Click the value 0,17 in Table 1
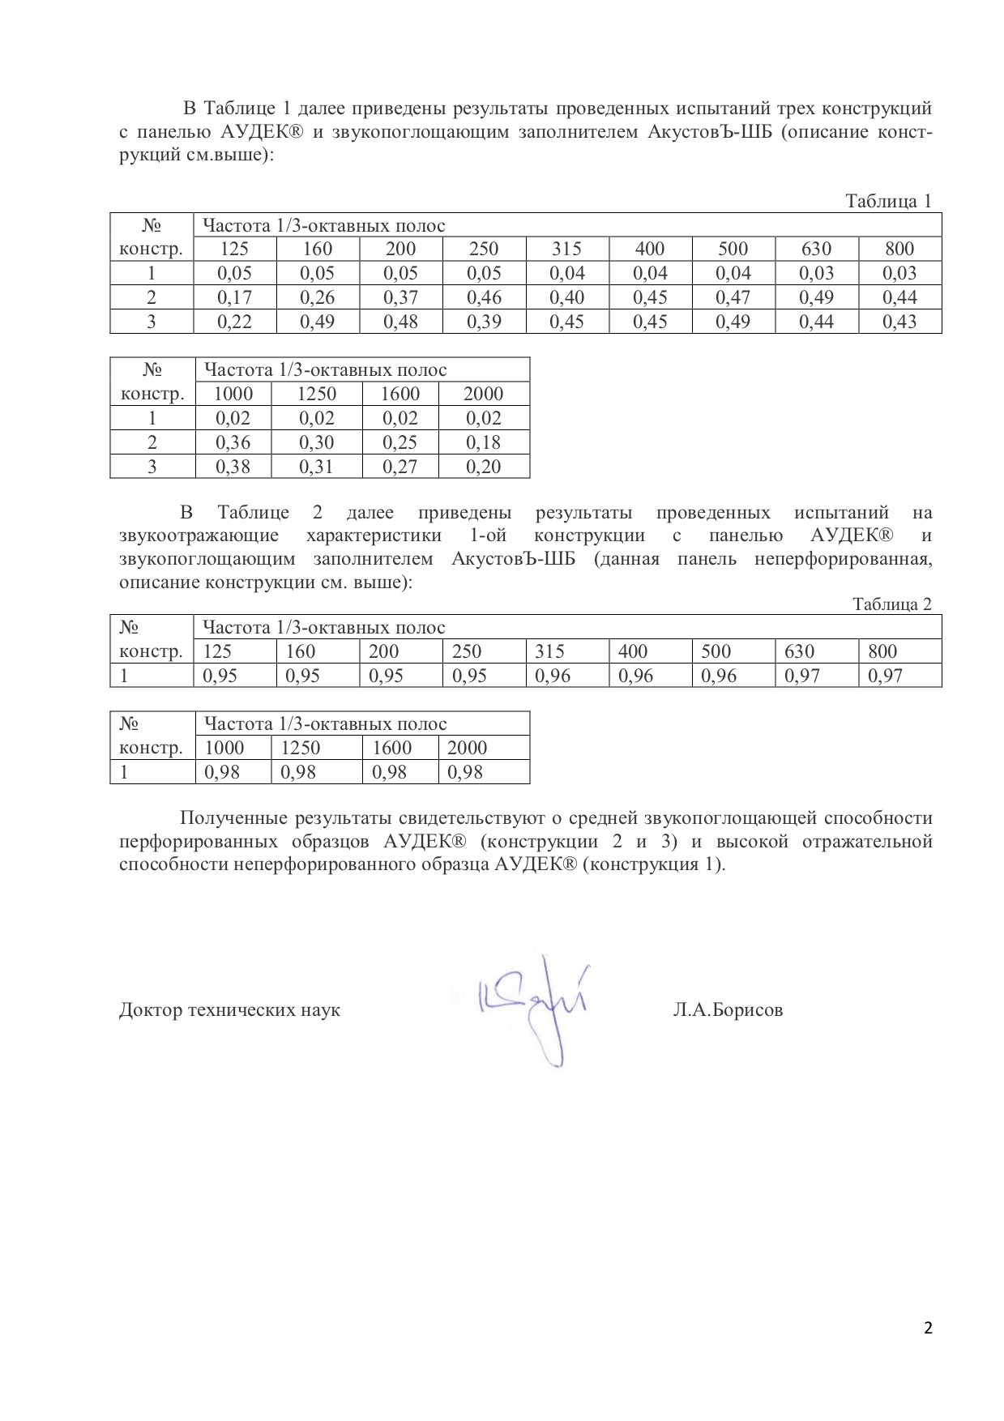[234, 297]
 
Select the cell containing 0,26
[317, 297]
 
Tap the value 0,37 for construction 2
[400, 297]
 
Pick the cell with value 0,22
[234, 322]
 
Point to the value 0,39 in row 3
[483, 322]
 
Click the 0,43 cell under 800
[899, 322]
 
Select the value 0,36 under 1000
[233, 442]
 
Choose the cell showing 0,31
[316, 467]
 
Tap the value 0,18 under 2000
[484, 442]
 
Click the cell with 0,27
[400, 467]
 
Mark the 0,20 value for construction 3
[484, 467]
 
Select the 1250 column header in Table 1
[316, 394]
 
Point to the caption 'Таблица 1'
[888, 201]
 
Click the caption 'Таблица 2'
[891, 604]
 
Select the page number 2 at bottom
[928, 1327]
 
